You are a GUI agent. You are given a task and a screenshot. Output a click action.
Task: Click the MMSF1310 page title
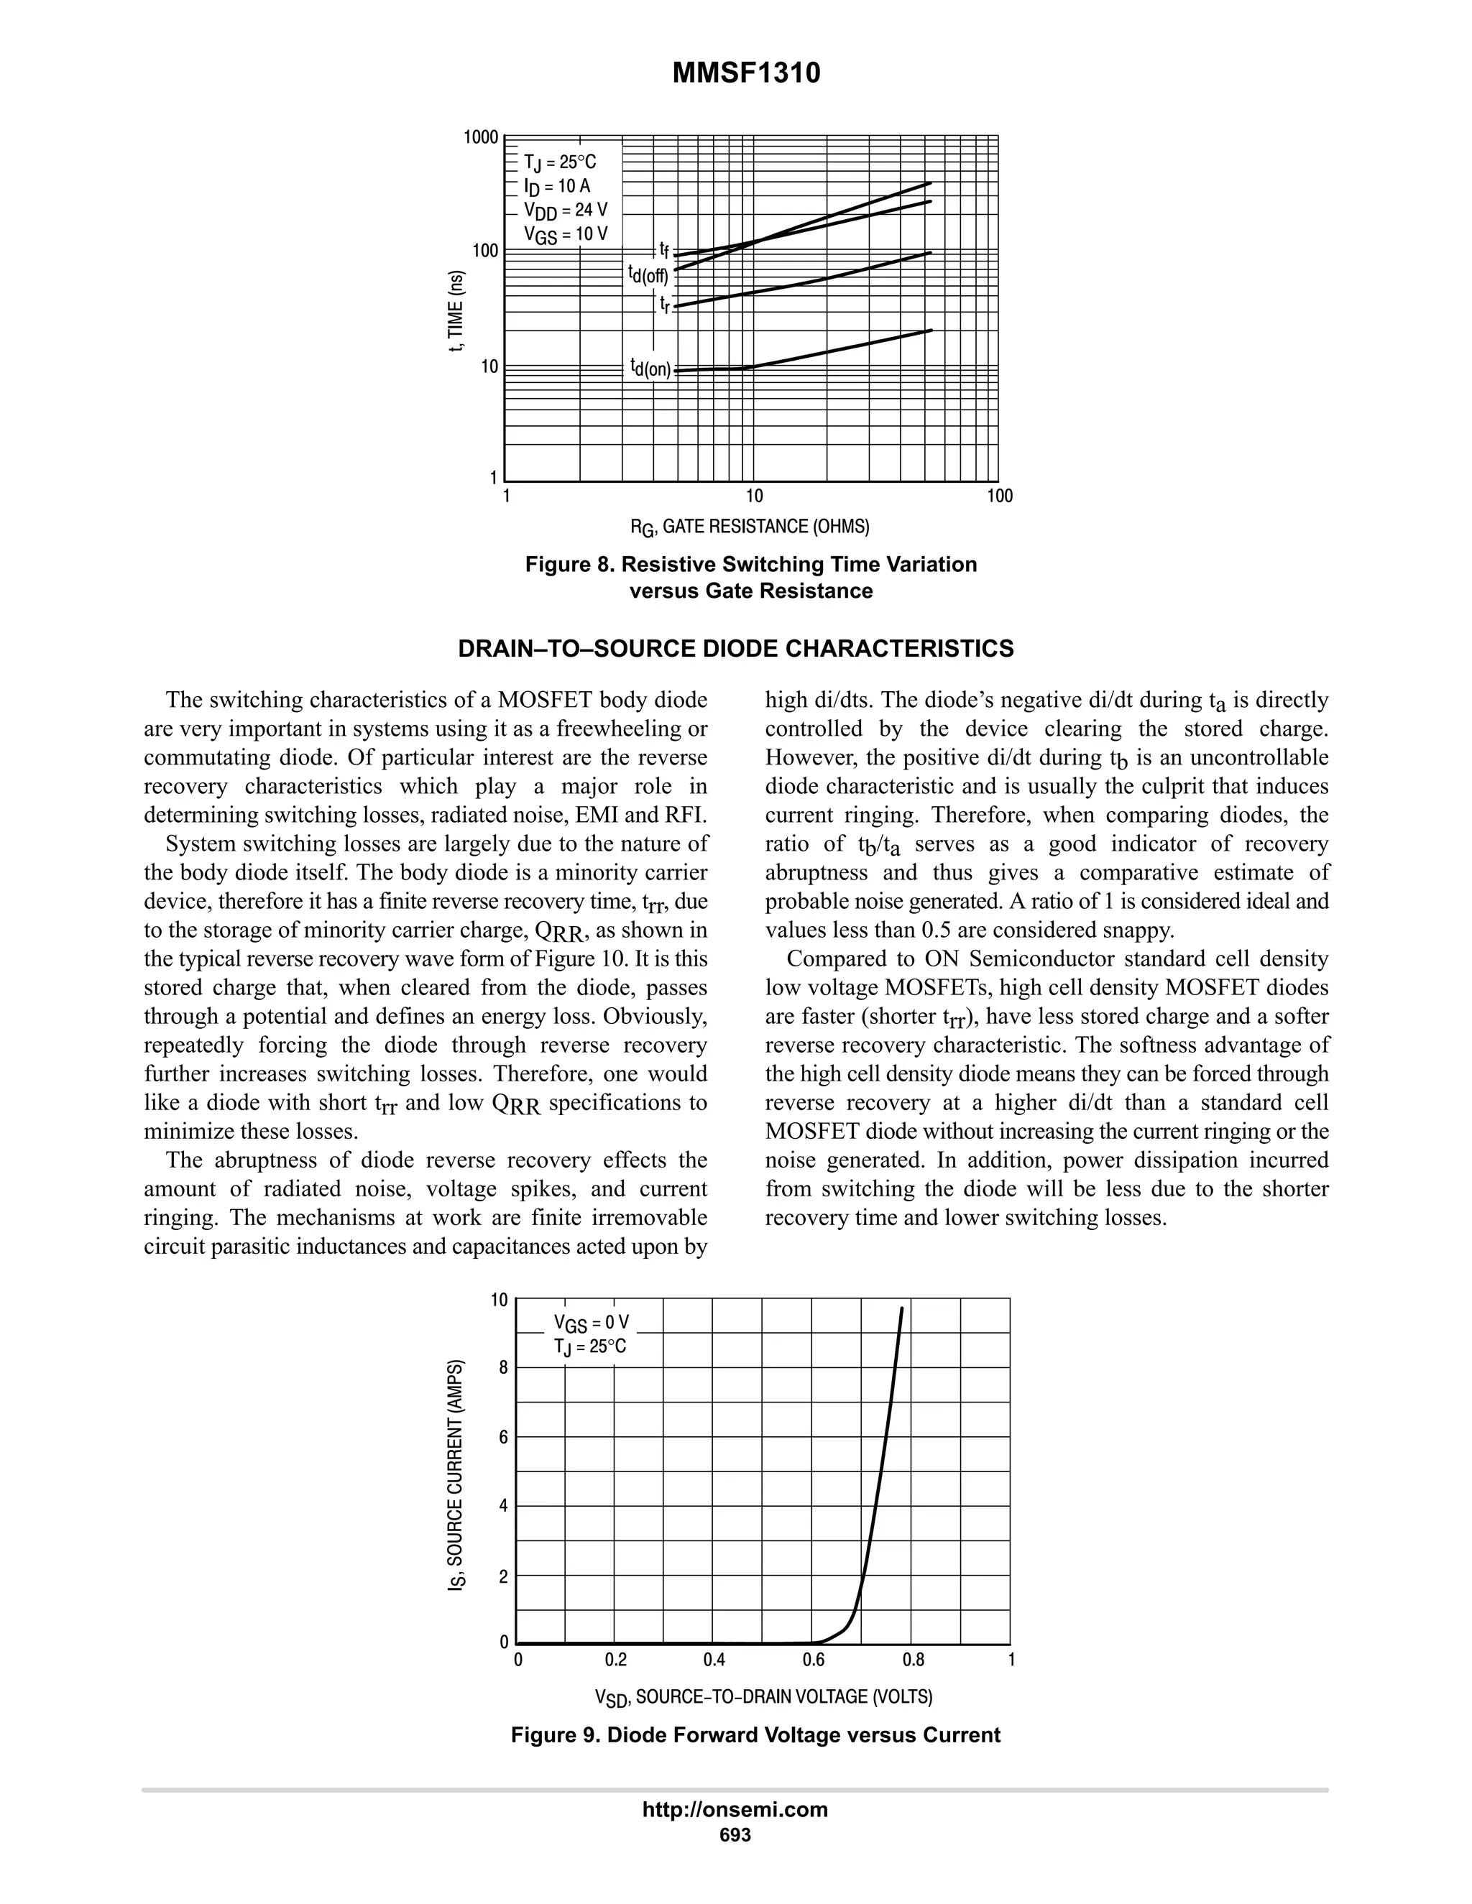pyautogui.click(x=745, y=74)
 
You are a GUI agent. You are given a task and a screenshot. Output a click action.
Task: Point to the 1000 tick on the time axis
pyautogui.click(x=481, y=138)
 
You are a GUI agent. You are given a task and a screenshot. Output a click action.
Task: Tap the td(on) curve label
pyautogui.click(x=650, y=368)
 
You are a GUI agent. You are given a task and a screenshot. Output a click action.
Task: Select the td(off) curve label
pyautogui.click(x=648, y=274)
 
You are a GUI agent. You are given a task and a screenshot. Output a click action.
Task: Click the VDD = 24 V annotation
pyautogui.click(x=565, y=210)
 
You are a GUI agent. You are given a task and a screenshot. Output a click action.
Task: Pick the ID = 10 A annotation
pyautogui.click(x=556, y=187)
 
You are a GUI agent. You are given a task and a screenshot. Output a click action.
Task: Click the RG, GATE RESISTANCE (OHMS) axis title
pyautogui.click(x=750, y=527)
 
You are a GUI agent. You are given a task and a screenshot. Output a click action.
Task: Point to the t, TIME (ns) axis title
pyautogui.click(x=455, y=311)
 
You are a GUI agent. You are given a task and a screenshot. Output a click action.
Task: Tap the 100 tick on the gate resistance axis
pyautogui.click(x=999, y=496)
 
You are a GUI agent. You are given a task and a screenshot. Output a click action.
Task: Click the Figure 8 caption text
pyautogui.click(x=751, y=577)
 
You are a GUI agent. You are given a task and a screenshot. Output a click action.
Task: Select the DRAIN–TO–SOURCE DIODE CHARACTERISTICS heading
pyautogui.click(x=736, y=649)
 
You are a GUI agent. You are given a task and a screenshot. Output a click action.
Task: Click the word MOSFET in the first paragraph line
pyautogui.click(x=547, y=700)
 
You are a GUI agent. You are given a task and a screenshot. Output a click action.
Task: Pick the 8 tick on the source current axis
pyautogui.click(x=503, y=1368)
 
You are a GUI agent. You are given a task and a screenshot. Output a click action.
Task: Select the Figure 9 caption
pyautogui.click(x=755, y=1735)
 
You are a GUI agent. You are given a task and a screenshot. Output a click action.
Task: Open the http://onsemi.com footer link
pyautogui.click(x=735, y=1809)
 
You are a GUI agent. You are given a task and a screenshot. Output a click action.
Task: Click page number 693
pyautogui.click(x=735, y=1834)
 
